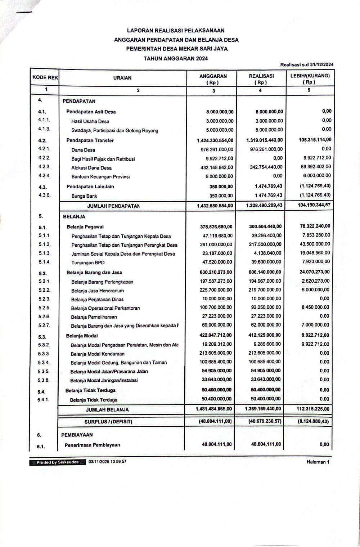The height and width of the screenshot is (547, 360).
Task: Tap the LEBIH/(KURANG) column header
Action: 310,79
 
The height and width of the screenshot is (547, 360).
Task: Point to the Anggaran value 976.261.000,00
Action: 217,149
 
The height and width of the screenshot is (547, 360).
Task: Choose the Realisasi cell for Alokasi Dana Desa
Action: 266,167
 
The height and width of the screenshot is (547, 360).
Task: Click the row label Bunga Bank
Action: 84,196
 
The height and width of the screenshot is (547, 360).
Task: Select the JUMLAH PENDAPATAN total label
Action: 113,206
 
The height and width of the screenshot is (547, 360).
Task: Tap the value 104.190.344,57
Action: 314,205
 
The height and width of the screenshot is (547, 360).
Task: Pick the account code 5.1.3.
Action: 44,253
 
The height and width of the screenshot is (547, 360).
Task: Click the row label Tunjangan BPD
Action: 88,263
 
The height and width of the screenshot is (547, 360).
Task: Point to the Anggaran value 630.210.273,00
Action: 216,272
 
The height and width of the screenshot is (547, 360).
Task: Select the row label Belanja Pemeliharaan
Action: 94,317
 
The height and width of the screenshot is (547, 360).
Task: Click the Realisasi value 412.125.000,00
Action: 265,335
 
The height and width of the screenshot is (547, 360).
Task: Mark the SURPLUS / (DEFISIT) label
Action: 108,421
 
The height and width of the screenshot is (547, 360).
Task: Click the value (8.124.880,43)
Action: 312,421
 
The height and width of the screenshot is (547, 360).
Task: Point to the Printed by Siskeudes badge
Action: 57,462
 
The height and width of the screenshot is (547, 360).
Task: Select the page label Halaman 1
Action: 318,462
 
